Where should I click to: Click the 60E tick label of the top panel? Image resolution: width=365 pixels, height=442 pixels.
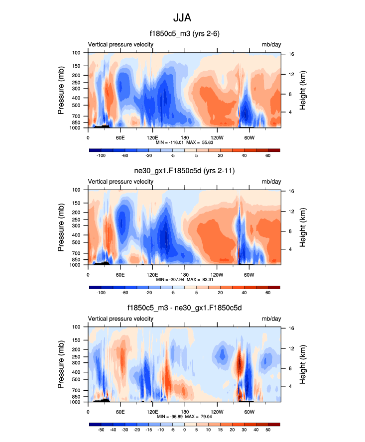coord(120,137)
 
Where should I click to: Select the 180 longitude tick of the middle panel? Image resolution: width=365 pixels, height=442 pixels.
coord(185,275)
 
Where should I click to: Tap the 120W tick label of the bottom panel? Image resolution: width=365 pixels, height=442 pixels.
coord(217,412)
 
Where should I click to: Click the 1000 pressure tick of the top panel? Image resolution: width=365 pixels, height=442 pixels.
coord(77,128)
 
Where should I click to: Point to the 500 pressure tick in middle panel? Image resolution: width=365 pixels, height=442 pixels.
coord(77,242)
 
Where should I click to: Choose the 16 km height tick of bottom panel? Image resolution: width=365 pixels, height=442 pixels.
coord(290,328)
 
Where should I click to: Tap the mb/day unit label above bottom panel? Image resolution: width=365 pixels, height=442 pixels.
coord(271,319)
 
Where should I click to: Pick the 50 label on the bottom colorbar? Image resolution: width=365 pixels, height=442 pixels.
coord(268,430)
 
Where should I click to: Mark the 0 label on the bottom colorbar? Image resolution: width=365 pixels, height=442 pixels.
coord(184,430)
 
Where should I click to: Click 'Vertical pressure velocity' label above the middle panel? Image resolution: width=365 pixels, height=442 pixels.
coord(121,182)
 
